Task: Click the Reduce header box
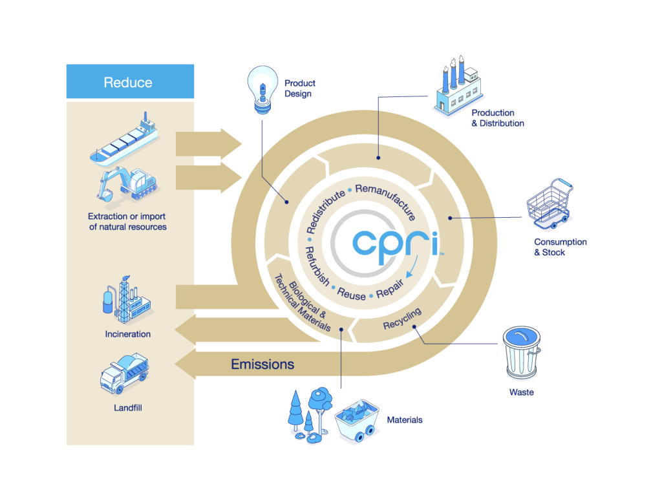129,82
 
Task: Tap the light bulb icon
261,91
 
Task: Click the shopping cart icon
550,206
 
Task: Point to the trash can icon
522,354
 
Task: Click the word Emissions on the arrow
262,364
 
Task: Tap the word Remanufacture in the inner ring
386,200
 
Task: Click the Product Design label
299,89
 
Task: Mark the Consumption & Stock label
560,247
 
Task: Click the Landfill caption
127,408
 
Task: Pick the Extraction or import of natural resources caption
127,222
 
